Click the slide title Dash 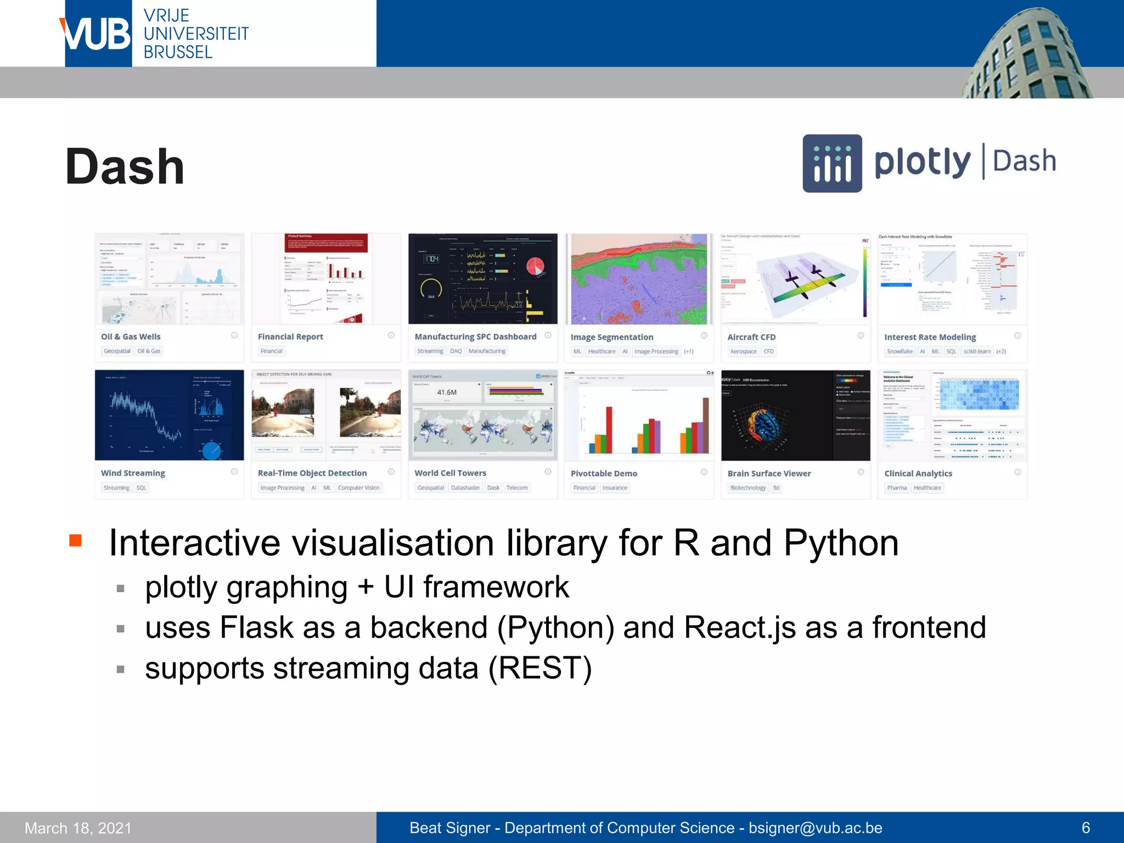pyautogui.click(x=125, y=167)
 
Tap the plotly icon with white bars pyautogui.click(x=832, y=164)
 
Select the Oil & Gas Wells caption pyautogui.click(x=131, y=336)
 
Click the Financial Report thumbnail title pyautogui.click(x=290, y=336)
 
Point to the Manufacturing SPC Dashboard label pyautogui.click(x=475, y=336)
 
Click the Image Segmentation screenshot pyautogui.click(x=639, y=279)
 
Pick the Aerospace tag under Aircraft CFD pyautogui.click(x=743, y=351)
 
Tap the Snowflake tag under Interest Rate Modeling pyautogui.click(x=900, y=351)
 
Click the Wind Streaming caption pyautogui.click(x=133, y=473)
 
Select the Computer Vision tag pyautogui.click(x=358, y=487)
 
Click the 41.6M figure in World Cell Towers pyautogui.click(x=447, y=392)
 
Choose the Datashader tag pyautogui.click(x=465, y=487)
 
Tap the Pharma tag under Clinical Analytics pyautogui.click(x=897, y=487)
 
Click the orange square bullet pyautogui.click(x=76, y=541)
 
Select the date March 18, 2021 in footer pyautogui.click(x=78, y=828)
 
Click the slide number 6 pyautogui.click(x=1086, y=828)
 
